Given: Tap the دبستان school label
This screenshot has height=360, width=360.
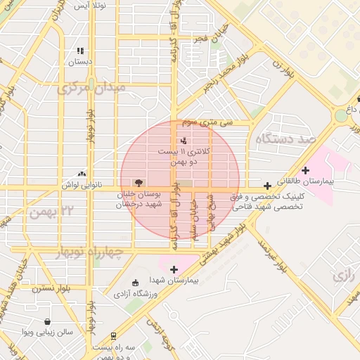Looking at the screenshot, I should [x=80, y=62].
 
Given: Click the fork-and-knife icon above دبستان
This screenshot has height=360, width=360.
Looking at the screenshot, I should [x=80, y=51].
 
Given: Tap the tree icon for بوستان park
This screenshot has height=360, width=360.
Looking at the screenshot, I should [x=138, y=182].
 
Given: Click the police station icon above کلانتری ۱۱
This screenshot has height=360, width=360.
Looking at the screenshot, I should [x=184, y=141].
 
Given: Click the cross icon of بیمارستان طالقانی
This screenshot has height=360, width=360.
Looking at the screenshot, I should [x=305, y=170].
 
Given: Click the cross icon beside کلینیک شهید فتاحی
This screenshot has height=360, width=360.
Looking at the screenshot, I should [x=267, y=186].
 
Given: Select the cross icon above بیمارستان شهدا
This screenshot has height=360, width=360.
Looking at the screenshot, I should [x=174, y=269].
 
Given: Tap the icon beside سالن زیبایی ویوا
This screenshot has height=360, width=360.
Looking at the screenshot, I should [x=46, y=321].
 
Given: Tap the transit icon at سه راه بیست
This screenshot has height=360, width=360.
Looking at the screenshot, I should [x=113, y=337].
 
